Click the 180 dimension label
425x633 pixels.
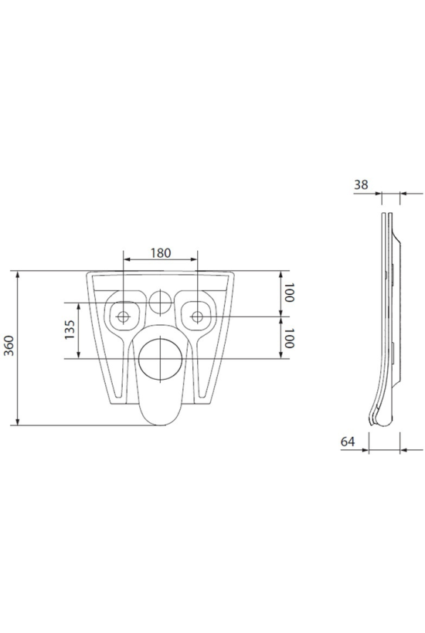(x=161, y=252)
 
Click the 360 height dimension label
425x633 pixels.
(x=9, y=346)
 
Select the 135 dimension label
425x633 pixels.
(x=70, y=330)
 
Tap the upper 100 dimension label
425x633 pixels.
(x=289, y=293)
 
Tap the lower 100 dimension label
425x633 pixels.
(x=289, y=338)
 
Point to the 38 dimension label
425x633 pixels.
(x=361, y=184)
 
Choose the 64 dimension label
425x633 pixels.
(x=348, y=442)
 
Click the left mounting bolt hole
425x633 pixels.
(x=123, y=317)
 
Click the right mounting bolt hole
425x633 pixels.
(x=197, y=317)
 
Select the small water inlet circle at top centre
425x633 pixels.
(x=161, y=302)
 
